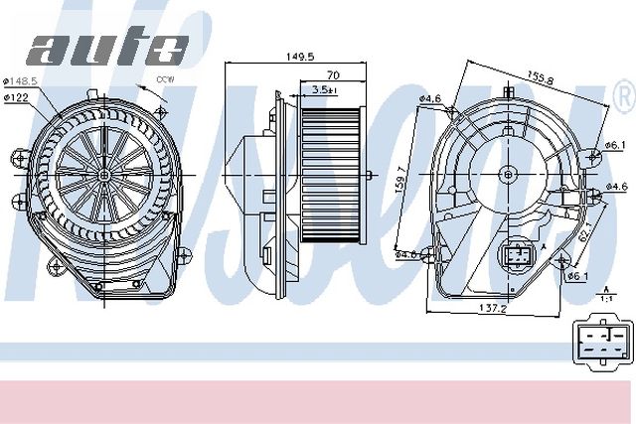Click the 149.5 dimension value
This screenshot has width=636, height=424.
(x=298, y=59)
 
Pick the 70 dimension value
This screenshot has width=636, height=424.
(x=333, y=75)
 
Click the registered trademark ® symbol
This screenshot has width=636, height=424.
(x=623, y=96)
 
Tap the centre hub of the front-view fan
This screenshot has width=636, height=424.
(x=104, y=172)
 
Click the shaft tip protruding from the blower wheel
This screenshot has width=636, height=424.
(x=372, y=177)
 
